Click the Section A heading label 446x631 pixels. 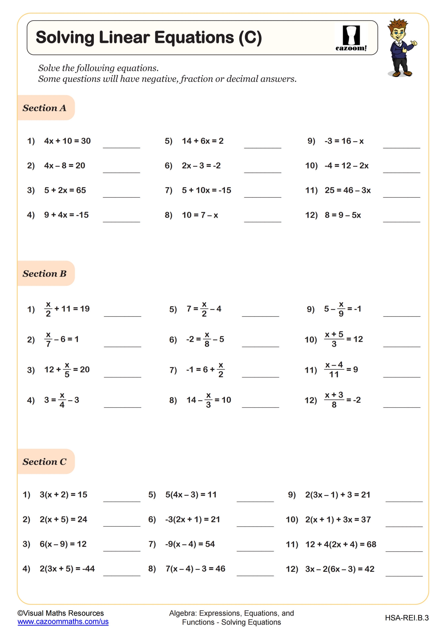(x=45, y=108)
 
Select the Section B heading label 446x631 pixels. (x=45, y=273)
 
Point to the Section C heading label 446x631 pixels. (x=45, y=462)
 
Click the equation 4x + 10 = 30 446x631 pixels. (x=67, y=141)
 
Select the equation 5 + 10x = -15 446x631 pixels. (x=206, y=190)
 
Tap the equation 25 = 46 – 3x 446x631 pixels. (x=347, y=190)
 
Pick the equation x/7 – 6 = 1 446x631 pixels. (x=62, y=339)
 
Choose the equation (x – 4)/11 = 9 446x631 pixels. (x=341, y=370)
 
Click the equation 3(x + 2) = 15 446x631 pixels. (x=64, y=495)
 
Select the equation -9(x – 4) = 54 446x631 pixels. (x=190, y=544)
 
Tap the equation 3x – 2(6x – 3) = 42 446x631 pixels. (x=340, y=569)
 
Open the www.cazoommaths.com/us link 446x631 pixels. (x=63, y=622)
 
